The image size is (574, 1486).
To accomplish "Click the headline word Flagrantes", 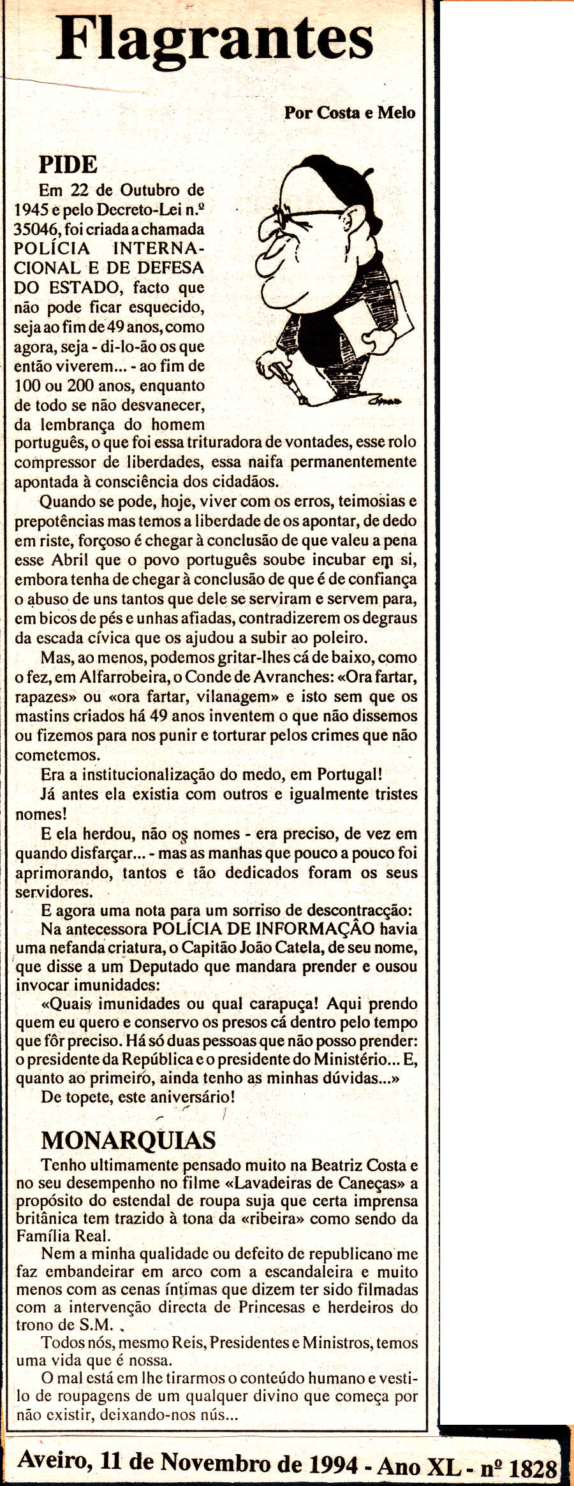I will [x=214, y=40].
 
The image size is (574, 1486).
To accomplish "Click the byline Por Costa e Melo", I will [x=350, y=113].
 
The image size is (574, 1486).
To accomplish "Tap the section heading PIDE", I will [x=68, y=165].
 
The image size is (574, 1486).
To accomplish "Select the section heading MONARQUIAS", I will [x=128, y=1140].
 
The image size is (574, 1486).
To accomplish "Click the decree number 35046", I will [x=37, y=229].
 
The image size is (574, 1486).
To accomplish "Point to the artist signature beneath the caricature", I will [x=385, y=401].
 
